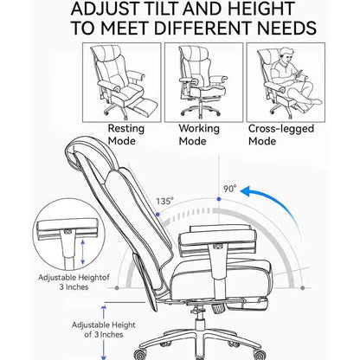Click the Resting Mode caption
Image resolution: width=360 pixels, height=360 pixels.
[126, 135]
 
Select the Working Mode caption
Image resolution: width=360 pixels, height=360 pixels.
[199, 135]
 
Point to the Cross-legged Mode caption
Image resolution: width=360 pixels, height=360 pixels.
[281, 135]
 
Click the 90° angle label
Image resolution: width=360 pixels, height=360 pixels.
[230, 189]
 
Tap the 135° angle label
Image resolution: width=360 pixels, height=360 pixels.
[165, 201]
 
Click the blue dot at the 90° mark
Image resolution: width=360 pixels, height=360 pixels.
[219, 199]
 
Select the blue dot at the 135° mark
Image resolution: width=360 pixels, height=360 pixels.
[157, 215]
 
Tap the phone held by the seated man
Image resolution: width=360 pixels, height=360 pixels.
[299, 74]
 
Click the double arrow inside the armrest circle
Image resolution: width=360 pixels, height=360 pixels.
[83, 252]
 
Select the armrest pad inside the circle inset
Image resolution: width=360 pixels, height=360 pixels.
[67, 226]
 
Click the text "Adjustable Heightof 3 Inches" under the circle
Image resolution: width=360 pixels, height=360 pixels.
[74, 282]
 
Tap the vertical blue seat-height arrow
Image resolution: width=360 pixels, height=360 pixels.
[104, 332]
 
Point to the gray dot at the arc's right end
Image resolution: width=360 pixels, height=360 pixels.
[302, 287]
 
